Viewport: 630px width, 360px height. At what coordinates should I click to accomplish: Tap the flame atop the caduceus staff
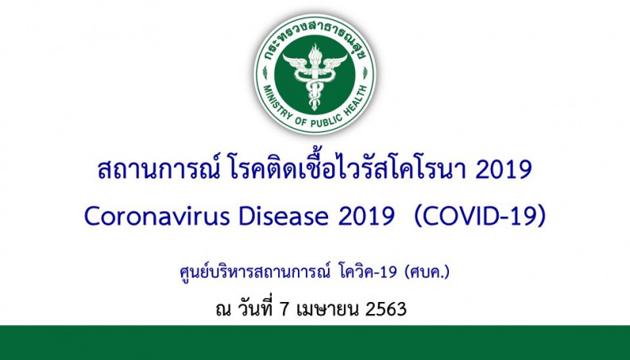click(x=315, y=52)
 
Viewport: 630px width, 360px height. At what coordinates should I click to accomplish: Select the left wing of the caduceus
click(x=296, y=62)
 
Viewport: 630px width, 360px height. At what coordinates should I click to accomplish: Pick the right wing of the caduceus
click(x=334, y=62)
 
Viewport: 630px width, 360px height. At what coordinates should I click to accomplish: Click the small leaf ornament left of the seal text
click(x=265, y=72)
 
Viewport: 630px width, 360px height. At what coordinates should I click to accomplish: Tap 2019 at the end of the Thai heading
click(x=504, y=170)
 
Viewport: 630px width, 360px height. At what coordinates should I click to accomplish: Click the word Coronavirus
click(x=157, y=217)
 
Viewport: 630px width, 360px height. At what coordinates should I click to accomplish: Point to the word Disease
click(x=284, y=217)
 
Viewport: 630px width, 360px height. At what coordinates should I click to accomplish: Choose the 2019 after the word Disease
click(x=366, y=217)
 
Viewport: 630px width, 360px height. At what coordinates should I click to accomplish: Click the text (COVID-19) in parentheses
click(x=480, y=217)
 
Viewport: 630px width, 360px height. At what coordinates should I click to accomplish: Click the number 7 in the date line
click(x=284, y=310)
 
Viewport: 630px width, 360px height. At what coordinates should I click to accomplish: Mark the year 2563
click(x=386, y=310)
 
